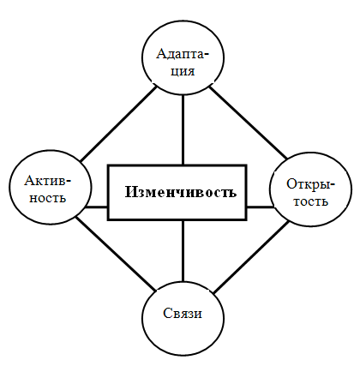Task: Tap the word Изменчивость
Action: coord(181,192)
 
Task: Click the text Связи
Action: coord(183,313)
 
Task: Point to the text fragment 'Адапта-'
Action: coord(183,54)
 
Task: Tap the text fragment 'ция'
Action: coord(183,71)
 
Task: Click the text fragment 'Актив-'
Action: coord(48,181)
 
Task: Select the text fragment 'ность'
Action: coord(48,197)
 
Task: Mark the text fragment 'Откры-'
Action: coord(310,184)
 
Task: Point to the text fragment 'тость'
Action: coord(311,201)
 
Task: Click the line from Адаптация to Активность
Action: coord(119,123)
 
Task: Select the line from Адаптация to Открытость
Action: coord(248,123)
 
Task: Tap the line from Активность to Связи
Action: coord(116,254)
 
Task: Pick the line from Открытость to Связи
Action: coord(251,257)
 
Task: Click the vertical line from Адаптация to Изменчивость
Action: coord(183,129)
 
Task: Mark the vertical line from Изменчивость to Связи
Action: coord(183,251)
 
